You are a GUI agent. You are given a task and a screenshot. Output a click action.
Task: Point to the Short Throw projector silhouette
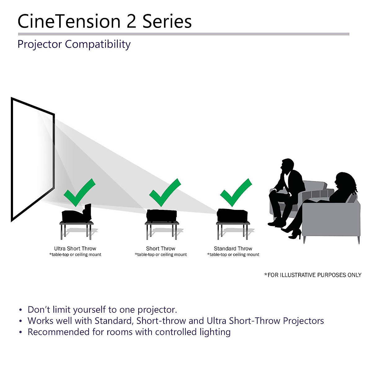[x=162, y=215]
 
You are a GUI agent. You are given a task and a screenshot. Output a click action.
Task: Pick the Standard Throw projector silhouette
[x=232, y=215]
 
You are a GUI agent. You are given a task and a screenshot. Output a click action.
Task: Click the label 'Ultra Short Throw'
[x=75, y=249]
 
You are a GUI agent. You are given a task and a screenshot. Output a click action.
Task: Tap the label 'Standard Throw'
[x=233, y=249]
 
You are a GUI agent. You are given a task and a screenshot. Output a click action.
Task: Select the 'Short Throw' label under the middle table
[x=161, y=249]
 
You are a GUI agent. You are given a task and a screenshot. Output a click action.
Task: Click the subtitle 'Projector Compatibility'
[x=74, y=44]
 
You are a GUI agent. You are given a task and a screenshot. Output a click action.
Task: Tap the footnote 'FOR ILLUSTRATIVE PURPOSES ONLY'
[x=313, y=275]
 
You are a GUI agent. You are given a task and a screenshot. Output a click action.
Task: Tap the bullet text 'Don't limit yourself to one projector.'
[x=102, y=310]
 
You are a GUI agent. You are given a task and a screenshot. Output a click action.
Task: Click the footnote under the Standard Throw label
[x=233, y=255]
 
